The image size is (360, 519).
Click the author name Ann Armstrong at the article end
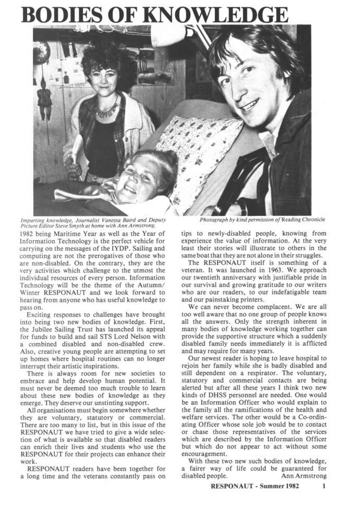[x=304, y=476]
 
